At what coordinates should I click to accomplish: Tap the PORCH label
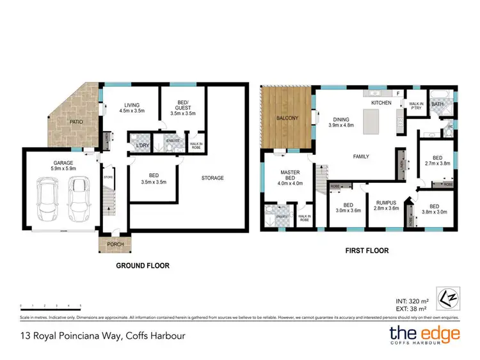116,244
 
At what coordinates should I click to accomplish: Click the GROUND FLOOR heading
142,265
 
